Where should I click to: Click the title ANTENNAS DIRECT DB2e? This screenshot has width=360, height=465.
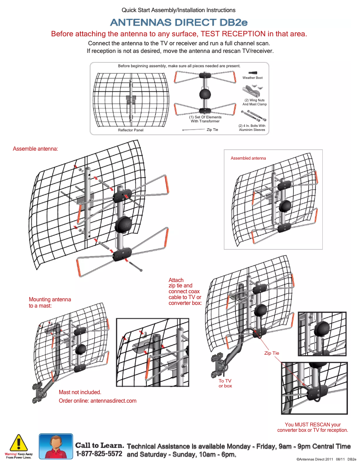tap(179, 22)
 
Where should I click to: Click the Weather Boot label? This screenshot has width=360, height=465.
tap(253, 78)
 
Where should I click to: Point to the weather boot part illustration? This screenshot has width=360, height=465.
tap(253, 72)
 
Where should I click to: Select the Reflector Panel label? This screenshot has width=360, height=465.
tap(131, 130)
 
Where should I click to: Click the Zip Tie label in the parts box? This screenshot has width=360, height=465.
tap(212, 130)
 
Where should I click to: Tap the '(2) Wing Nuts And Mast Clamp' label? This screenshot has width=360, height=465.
tap(255, 102)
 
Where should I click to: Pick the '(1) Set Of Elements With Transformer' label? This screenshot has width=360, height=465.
tap(205, 119)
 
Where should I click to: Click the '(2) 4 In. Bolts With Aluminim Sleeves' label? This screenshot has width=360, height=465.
tap(252, 128)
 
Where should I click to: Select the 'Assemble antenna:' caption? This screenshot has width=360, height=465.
tap(35, 148)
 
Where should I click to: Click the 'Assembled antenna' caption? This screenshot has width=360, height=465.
tap(248, 158)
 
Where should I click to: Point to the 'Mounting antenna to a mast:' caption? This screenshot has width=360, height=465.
tap(50, 302)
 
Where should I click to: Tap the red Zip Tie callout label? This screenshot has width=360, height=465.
tap(271, 353)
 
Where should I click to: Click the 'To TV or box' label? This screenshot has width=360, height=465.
tap(225, 383)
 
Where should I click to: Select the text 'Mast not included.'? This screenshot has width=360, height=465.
tap(80, 392)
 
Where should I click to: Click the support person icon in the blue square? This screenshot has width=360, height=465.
tap(56, 446)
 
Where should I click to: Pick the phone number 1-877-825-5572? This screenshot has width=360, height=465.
tap(99, 453)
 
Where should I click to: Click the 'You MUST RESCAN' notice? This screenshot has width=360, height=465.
tap(312, 427)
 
